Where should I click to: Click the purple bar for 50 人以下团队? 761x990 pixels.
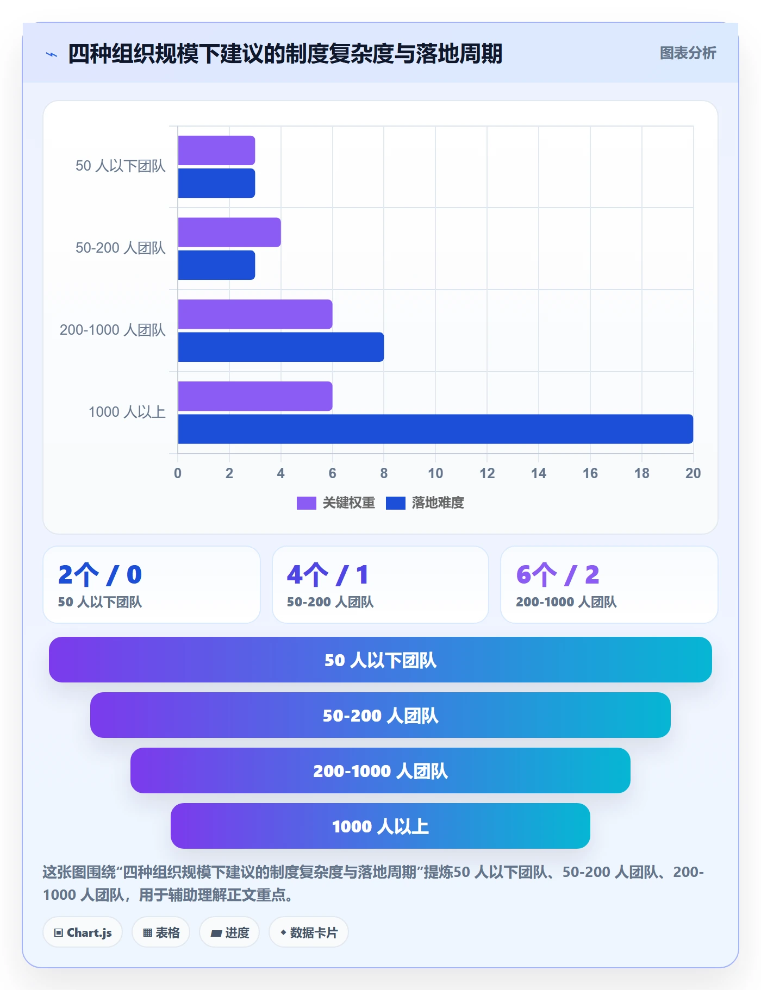[x=216, y=151]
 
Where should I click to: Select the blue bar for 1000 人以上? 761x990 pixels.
[x=435, y=429]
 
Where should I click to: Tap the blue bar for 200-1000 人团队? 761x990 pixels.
[x=281, y=347]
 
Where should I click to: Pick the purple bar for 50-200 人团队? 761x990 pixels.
[x=229, y=233]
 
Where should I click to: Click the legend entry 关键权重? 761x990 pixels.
[x=336, y=503]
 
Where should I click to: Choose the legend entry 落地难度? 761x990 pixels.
[x=425, y=503]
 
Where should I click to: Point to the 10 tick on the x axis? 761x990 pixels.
[x=435, y=473]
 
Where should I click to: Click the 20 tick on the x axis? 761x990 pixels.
[x=693, y=473]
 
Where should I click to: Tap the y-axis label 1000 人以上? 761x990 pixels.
[x=127, y=412]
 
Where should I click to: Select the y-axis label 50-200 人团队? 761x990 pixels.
[x=121, y=248]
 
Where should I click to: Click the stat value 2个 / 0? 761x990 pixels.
[x=100, y=575]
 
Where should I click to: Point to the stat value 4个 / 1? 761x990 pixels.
[x=328, y=575]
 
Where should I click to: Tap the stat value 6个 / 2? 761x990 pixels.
[x=558, y=575]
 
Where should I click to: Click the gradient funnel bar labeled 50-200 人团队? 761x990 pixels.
[x=380, y=715]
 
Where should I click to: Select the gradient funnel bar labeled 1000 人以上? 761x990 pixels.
[x=380, y=826]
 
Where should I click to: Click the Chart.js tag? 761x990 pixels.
[x=83, y=932]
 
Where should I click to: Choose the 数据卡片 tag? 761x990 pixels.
[x=309, y=932]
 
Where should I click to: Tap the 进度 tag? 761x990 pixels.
[x=229, y=932]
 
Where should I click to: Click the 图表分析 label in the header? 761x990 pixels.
[x=688, y=53]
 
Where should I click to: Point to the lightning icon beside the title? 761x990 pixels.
[x=52, y=54]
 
